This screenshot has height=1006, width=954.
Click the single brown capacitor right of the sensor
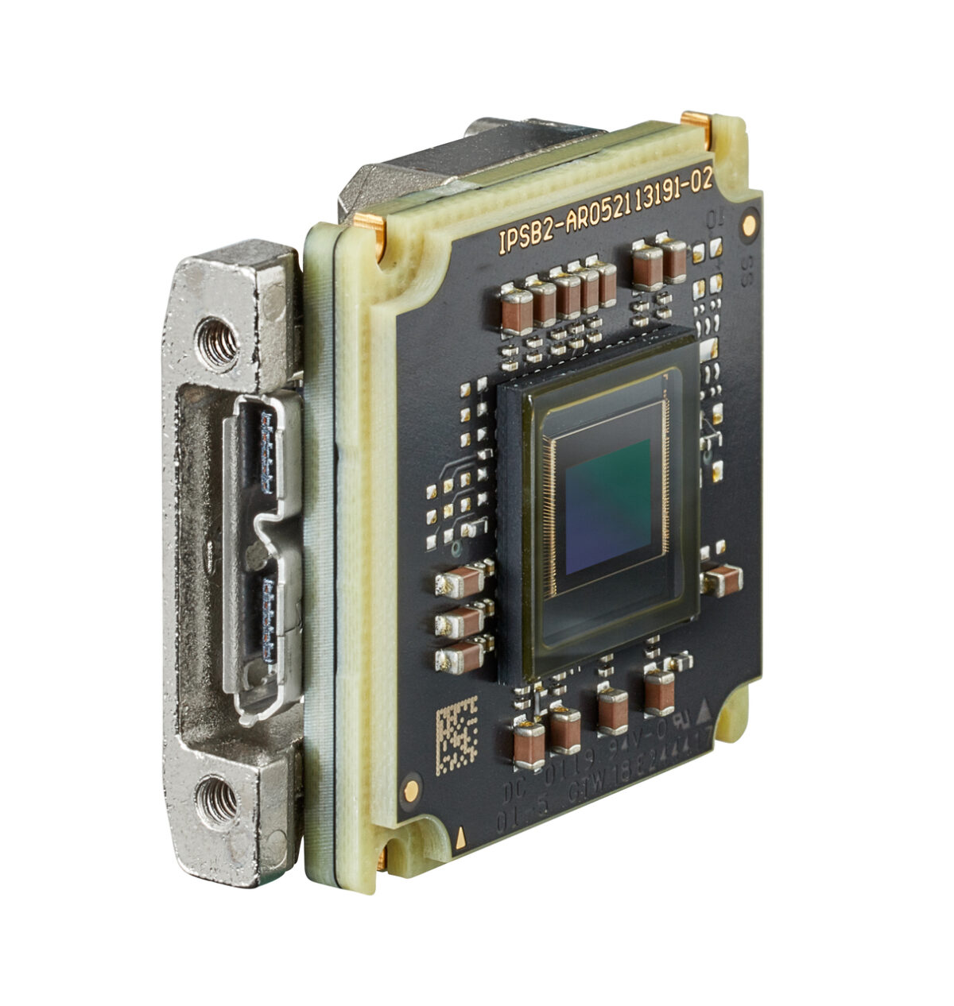coord(722,580)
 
